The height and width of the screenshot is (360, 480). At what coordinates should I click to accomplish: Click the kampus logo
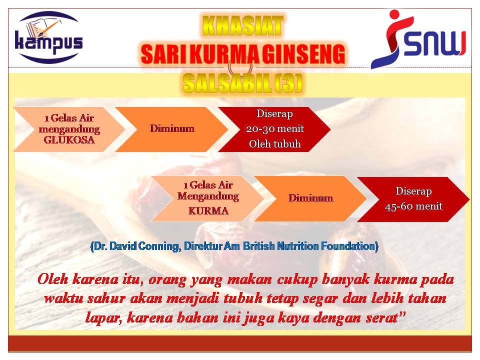[x=49, y=37]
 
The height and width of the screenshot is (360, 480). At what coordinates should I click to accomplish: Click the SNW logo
[x=418, y=39]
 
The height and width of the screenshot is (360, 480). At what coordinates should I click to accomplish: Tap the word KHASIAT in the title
[x=243, y=26]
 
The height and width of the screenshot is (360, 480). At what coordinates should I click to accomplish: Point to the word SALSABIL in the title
[x=227, y=83]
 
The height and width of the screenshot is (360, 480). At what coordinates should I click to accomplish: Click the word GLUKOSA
[x=69, y=140]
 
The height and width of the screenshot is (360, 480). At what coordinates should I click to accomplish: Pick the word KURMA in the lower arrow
[x=208, y=210]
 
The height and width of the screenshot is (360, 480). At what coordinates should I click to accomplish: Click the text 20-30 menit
[x=275, y=128]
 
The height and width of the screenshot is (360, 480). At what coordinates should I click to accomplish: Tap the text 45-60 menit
[x=413, y=206]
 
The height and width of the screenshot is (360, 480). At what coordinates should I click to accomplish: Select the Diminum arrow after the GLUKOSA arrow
[x=172, y=129]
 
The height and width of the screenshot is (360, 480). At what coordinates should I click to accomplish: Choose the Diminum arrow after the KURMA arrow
[x=310, y=198]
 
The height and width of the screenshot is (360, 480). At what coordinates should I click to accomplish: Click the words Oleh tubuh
[x=275, y=144]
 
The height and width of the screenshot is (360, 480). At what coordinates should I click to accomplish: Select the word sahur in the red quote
[x=106, y=298]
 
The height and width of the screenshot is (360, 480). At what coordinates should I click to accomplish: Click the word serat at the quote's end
[x=382, y=318]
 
